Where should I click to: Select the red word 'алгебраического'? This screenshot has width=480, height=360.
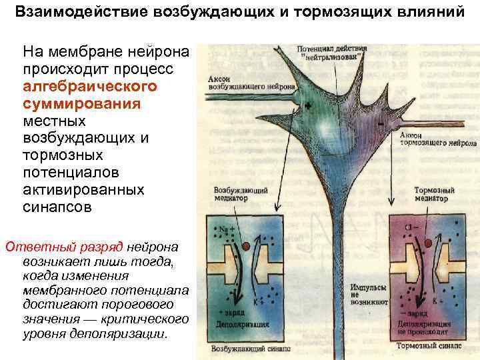90,87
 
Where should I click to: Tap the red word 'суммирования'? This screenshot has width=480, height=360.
81,105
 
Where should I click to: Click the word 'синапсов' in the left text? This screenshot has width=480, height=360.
53,207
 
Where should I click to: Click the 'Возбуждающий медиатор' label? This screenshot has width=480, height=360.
240,193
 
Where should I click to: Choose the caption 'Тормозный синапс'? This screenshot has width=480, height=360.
426,346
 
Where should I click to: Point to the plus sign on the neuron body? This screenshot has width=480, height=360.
308,104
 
